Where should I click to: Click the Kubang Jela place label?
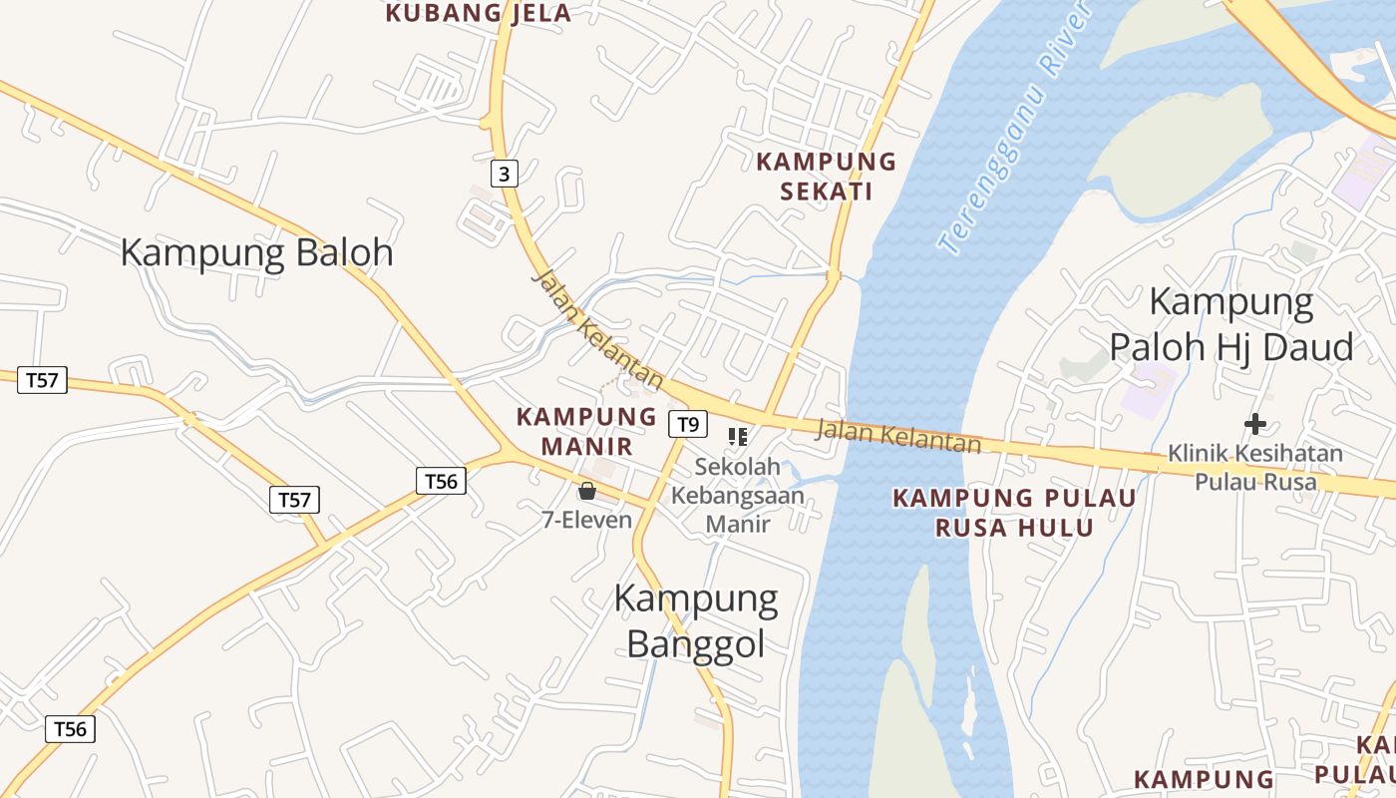(x=479, y=13)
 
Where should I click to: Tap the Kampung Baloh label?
(x=256, y=252)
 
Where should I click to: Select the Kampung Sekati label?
(x=827, y=176)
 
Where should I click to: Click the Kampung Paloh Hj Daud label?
(x=1231, y=324)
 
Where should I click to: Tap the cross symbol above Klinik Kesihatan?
(x=1255, y=424)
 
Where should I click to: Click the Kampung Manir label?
(x=586, y=431)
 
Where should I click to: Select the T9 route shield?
(x=687, y=424)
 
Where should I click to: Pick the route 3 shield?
(x=505, y=175)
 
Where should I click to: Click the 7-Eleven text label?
(x=586, y=520)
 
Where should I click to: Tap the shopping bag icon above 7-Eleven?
(x=586, y=491)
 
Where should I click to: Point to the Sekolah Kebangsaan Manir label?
(x=737, y=495)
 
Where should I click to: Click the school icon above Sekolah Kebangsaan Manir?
(x=738, y=436)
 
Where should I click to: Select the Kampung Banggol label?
(x=696, y=620)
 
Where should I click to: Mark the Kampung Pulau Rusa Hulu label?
(x=1014, y=512)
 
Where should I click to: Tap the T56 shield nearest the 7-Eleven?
(x=441, y=482)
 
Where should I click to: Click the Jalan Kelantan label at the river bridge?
(x=898, y=436)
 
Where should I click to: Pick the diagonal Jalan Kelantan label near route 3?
(x=597, y=328)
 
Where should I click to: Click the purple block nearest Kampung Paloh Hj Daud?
(x=1150, y=389)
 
